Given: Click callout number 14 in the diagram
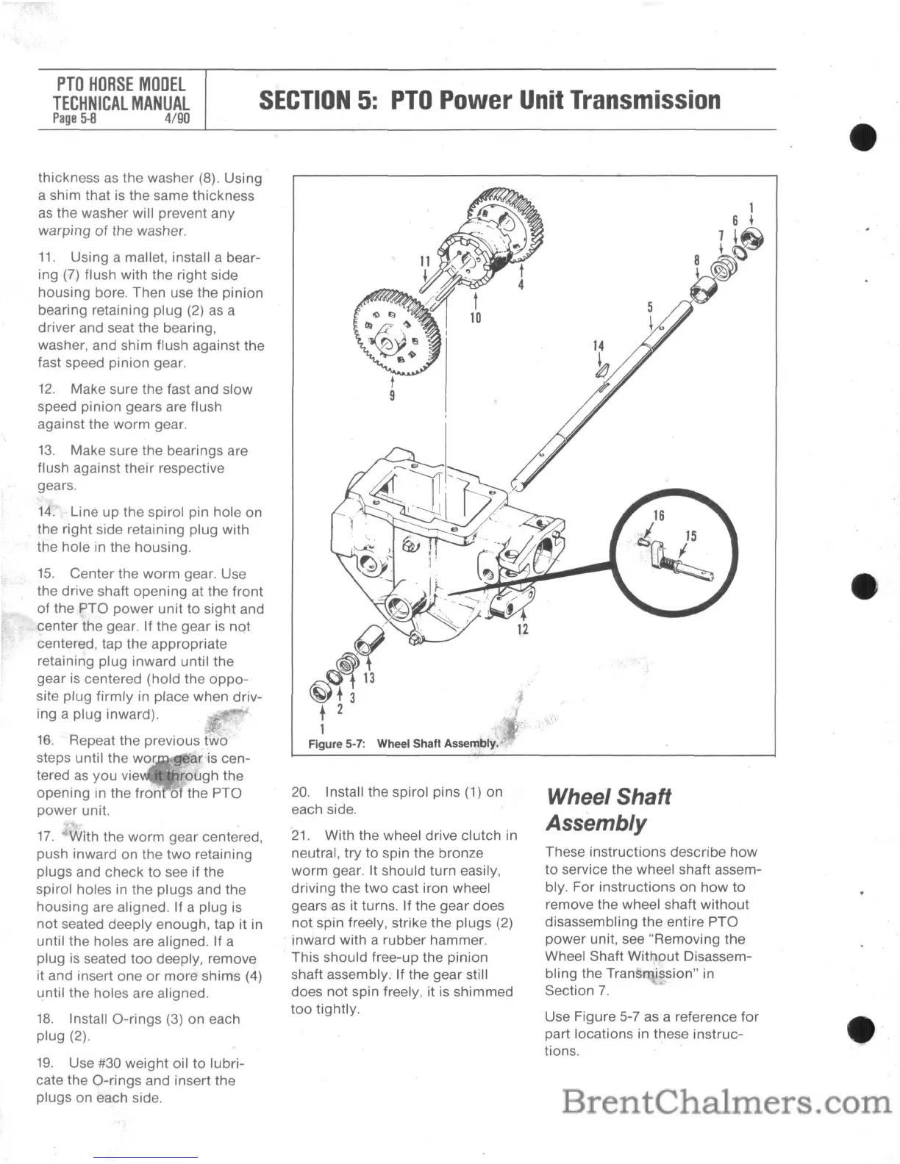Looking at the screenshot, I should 599,345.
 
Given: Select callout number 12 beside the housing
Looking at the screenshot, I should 523,629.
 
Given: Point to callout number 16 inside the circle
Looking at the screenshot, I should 659,516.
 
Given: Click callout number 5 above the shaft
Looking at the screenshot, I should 650,307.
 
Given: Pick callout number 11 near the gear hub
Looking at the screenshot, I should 424,261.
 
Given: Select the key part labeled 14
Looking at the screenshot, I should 601,371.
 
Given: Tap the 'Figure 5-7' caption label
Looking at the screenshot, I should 339,744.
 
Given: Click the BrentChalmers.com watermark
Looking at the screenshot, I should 726,1103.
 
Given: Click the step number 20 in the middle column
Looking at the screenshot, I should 300,792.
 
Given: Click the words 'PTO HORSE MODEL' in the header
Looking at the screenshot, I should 121,85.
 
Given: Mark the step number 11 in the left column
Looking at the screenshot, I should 47,258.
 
